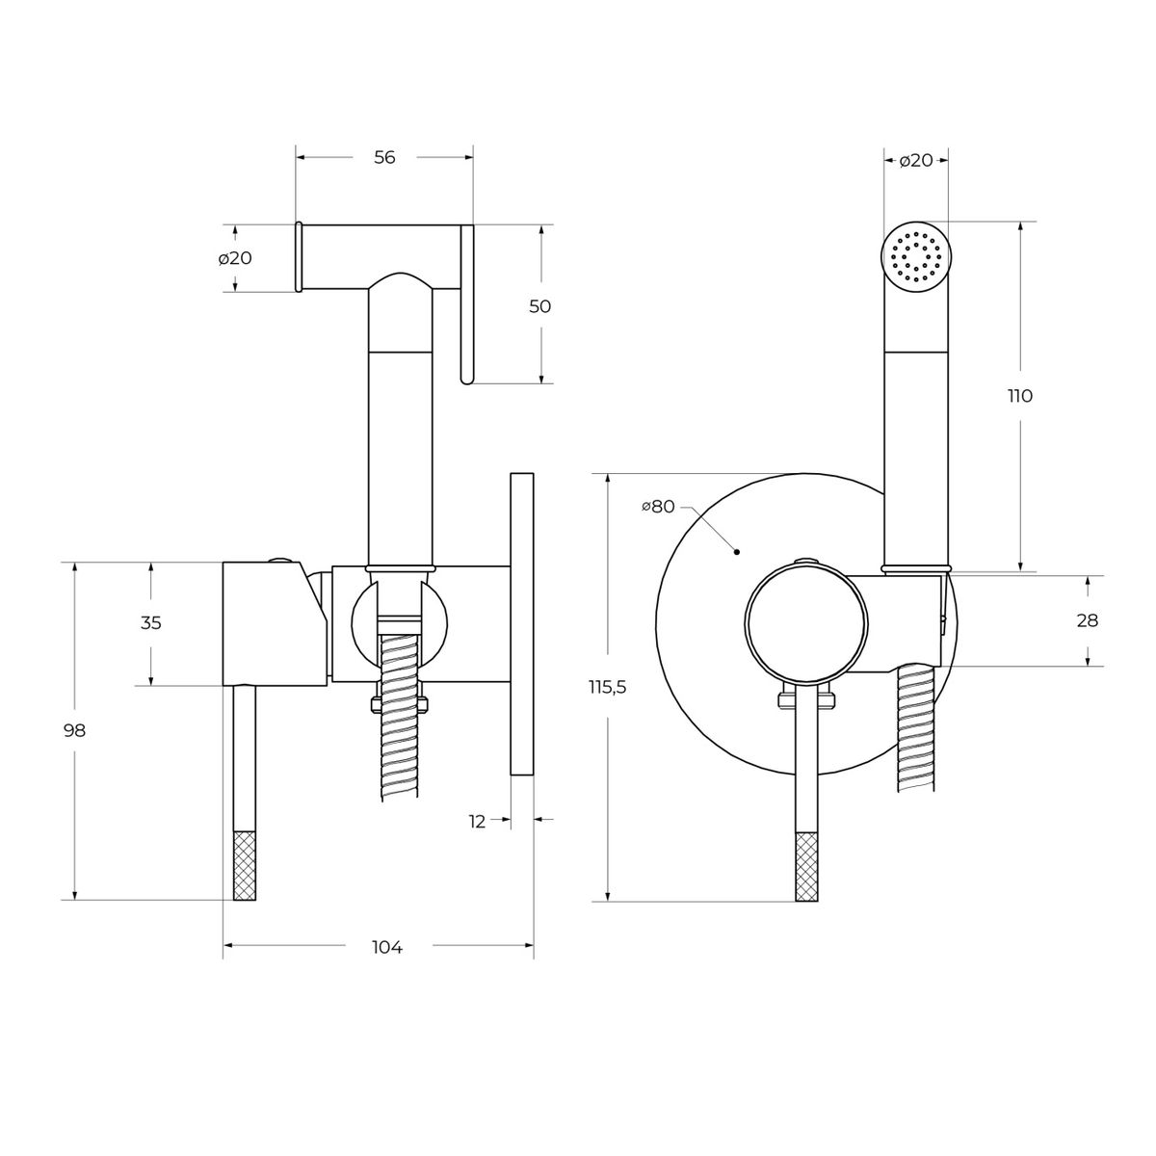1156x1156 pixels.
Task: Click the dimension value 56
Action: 384,157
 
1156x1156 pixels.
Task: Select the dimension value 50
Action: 539,306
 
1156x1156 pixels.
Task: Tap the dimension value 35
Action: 150,622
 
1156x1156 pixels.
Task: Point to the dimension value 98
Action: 75,730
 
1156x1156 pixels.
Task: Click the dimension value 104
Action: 387,947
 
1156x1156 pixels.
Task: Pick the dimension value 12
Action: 476,822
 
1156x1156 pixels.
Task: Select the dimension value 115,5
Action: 607,688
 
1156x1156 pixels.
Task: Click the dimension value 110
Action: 1020,396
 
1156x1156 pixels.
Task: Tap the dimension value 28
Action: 1088,620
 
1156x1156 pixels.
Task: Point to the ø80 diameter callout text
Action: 658,507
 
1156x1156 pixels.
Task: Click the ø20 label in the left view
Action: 235,258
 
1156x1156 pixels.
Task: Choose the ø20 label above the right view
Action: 916,160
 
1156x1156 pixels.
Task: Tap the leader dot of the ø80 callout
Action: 737,551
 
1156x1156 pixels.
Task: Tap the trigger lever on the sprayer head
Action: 467,304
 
